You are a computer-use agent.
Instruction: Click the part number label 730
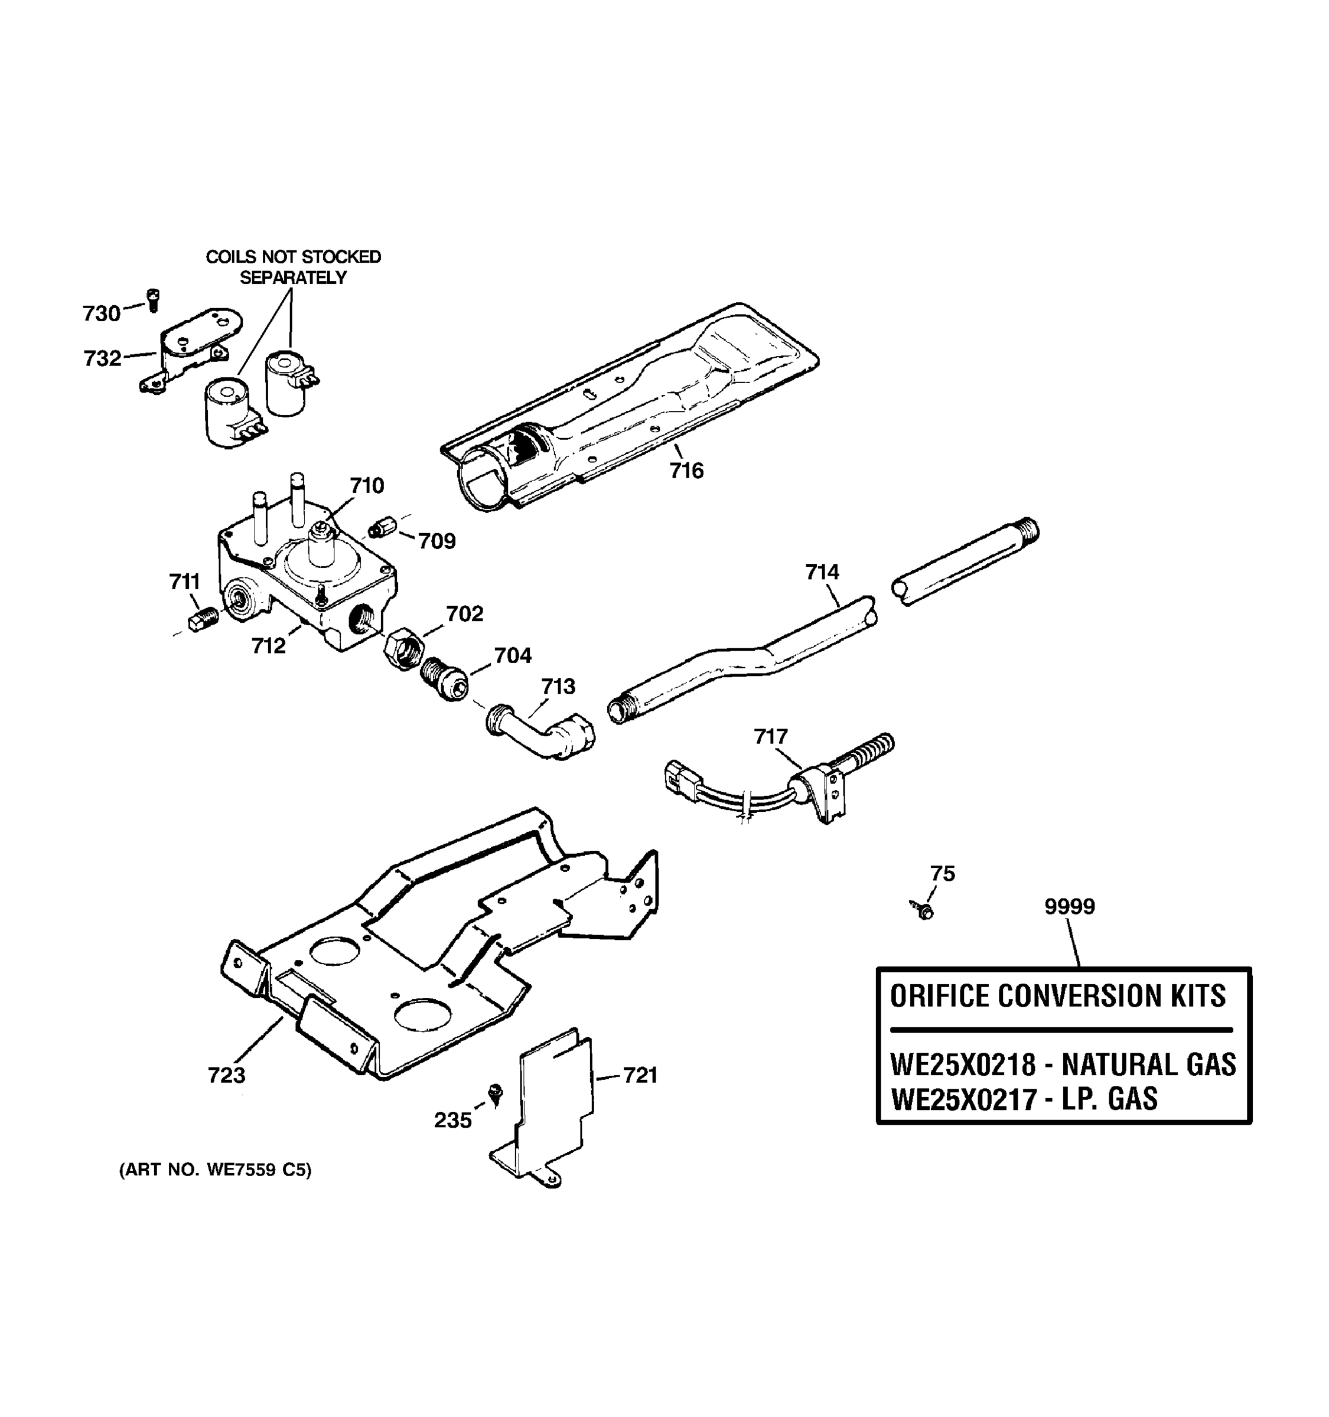[x=101, y=314]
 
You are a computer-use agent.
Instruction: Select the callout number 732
[x=103, y=358]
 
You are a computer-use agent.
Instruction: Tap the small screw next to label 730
[x=152, y=299]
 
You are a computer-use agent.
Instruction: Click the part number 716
[x=686, y=471]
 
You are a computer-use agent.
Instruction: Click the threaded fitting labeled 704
[x=444, y=680]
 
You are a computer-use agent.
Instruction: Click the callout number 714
[x=822, y=572]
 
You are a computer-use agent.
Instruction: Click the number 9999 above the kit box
[x=1070, y=907]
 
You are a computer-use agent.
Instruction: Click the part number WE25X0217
[x=963, y=1098]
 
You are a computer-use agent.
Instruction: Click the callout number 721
[x=640, y=1076]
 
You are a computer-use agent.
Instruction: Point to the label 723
[x=226, y=1075]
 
